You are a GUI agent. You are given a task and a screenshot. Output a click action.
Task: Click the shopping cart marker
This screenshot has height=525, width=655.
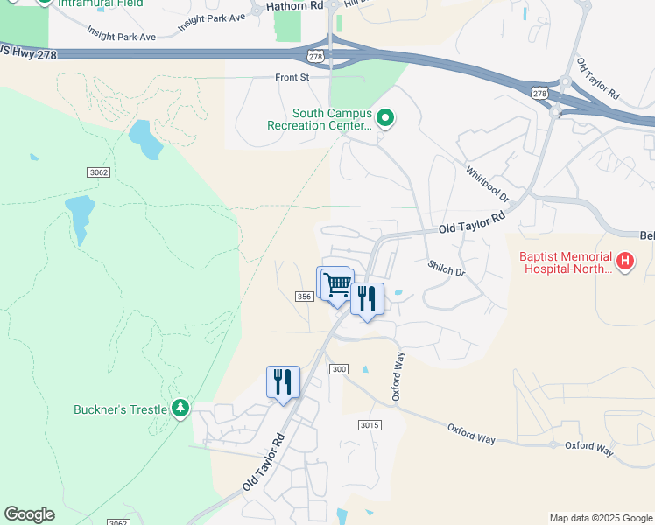337,284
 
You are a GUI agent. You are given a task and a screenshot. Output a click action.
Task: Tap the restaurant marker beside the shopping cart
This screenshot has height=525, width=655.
367,298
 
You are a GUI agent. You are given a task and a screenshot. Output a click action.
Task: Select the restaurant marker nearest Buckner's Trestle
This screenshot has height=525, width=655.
283,381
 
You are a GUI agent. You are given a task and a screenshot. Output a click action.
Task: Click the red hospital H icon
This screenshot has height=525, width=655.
625,262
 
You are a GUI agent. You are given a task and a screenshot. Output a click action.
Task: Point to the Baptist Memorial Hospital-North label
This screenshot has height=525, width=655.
567,262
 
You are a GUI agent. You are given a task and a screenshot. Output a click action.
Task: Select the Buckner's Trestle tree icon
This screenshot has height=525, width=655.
180,408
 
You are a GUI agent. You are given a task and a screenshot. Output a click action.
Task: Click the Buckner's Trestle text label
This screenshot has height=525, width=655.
122,408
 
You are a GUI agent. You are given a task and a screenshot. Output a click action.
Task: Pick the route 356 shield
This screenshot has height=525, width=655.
304,297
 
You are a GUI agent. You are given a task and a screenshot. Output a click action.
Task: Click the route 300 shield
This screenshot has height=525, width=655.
340,369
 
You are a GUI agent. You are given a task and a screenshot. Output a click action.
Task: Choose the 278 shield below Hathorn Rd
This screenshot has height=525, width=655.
316,56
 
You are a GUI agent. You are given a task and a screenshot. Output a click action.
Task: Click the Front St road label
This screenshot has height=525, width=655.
293,78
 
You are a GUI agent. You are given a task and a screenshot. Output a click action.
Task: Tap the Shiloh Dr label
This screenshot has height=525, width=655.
446,269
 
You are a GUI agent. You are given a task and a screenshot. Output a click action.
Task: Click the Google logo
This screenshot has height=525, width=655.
29,514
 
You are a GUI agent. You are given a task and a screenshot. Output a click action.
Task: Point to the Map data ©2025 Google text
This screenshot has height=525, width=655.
601,518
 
